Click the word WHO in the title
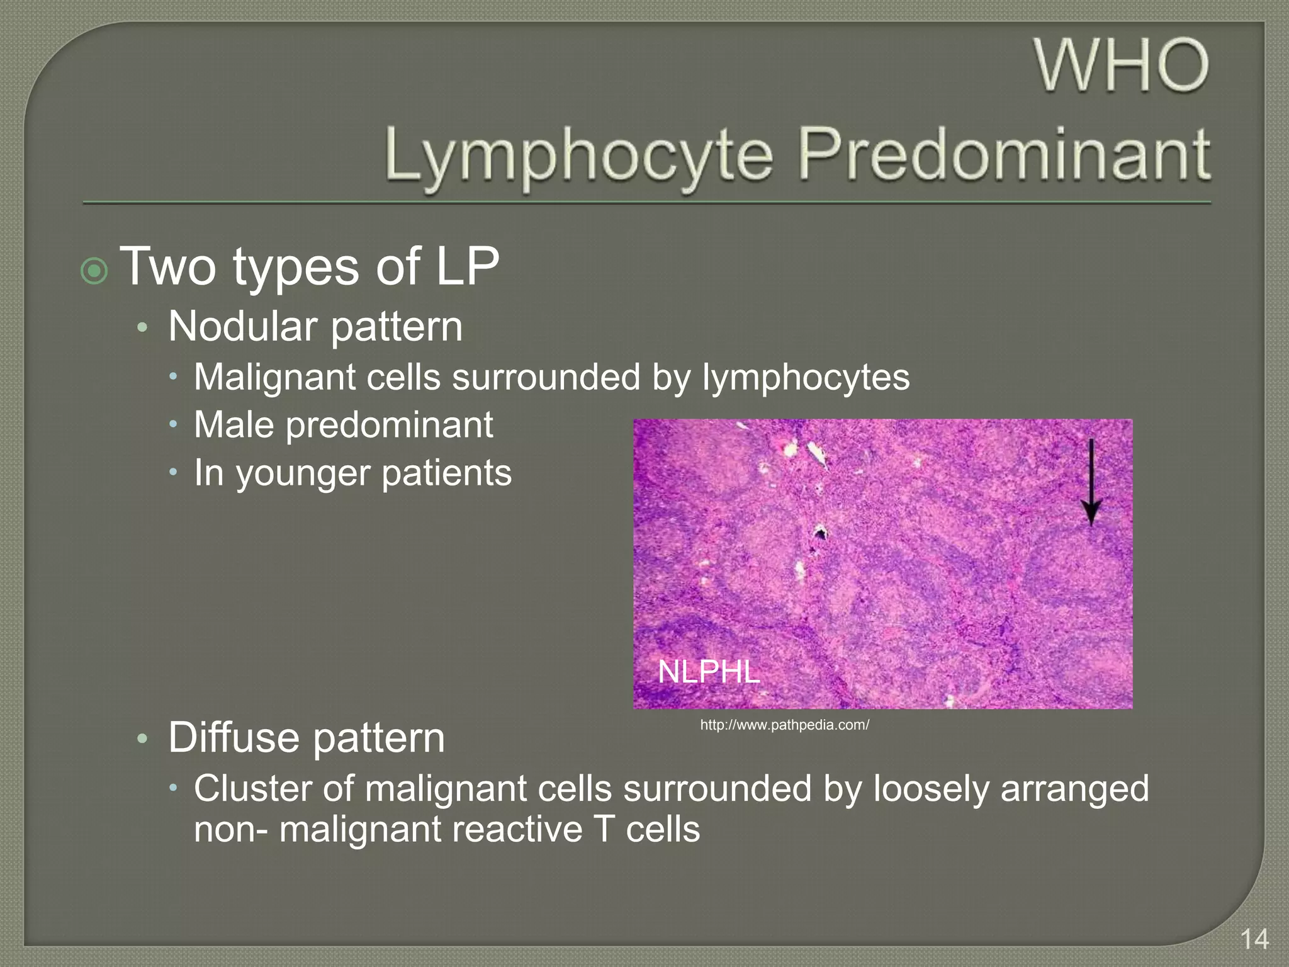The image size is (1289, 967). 1122,65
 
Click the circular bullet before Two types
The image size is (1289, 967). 94,271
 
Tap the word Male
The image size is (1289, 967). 234,425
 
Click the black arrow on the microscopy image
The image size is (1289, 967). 1091,482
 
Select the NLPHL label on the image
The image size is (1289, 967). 709,672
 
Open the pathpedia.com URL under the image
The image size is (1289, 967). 784,725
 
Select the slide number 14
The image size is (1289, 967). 1254,939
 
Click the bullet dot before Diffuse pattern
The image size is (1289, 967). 143,738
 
